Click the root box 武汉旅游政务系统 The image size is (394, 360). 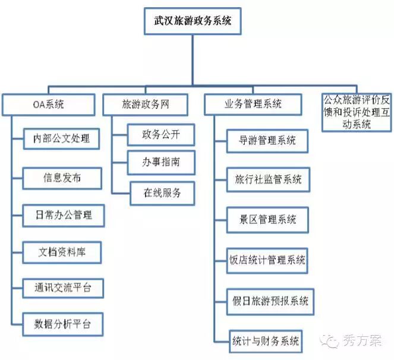pyautogui.click(x=193, y=21)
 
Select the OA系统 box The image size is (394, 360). pyautogui.click(x=48, y=105)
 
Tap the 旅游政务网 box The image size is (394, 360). pyautogui.click(x=145, y=105)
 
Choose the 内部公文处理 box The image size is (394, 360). pyautogui.click(x=62, y=139)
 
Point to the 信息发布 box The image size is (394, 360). pyautogui.click(x=62, y=178)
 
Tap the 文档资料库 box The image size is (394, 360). pyautogui.click(x=62, y=252)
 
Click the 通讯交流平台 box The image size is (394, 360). pyautogui.click(x=62, y=289)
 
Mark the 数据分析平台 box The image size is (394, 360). pyautogui.click(x=62, y=325)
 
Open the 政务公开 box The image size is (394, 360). pyautogui.click(x=161, y=134)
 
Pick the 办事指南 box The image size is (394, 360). pyautogui.click(x=161, y=162)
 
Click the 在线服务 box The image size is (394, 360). pyautogui.click(x=161, y=192)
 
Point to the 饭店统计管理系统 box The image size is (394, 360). pyautogui.click(x=267, y=260)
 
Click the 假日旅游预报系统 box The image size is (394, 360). pyautogui.click(x=270, y=301)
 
